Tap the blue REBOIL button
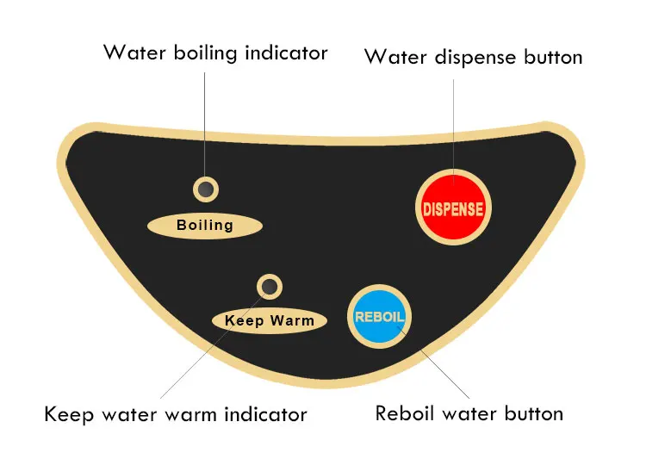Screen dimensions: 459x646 tap(380, 316)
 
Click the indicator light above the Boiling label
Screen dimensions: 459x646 tap(205, 188)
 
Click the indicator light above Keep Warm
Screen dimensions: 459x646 tap(270, 287)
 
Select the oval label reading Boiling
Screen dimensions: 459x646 tap(204, 226)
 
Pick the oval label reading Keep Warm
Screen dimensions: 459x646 tap(270, 321)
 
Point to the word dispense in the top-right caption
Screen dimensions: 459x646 tap(473, 58)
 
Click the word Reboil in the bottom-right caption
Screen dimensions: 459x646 tap(404, 413)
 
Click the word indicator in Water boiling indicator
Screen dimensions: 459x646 tap(285, 53)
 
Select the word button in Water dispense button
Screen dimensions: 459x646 tap(553, 58)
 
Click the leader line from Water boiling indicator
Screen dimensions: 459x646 tap(205, 121)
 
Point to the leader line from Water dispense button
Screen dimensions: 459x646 tap(453, 121)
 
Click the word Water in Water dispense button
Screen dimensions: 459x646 tap(393, 58)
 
